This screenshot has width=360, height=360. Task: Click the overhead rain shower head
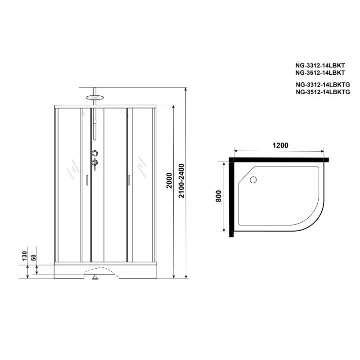[94, 97]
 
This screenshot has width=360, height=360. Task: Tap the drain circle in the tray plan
[253, 180]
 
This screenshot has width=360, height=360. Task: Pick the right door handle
[128, 180]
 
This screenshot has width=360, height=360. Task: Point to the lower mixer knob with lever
[94, 162]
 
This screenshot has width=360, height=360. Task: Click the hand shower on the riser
[94, 128]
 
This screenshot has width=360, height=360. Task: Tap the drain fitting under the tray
[95, 278]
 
